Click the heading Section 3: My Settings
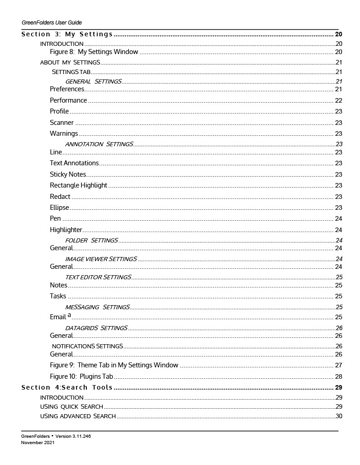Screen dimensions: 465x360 67,34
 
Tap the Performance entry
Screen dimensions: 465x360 68,100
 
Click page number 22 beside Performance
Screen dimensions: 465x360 338,100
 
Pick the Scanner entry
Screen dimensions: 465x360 62,123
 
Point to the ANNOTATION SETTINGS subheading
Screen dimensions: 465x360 99,144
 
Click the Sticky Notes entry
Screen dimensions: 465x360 68,174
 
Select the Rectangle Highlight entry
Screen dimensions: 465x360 79,185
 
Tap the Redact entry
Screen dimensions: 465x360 60,197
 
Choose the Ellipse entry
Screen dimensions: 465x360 60,208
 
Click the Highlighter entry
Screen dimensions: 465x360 66,230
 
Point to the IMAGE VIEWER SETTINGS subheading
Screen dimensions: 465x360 101,259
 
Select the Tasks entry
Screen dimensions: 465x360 58,296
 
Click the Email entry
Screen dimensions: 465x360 58,317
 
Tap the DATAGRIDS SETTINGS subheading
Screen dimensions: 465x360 96,328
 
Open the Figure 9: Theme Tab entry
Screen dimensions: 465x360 114,365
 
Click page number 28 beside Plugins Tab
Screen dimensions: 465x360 338,376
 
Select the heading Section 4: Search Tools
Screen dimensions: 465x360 67,387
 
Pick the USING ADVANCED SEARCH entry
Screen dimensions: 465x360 78,416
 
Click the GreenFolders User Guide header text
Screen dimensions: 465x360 51,22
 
